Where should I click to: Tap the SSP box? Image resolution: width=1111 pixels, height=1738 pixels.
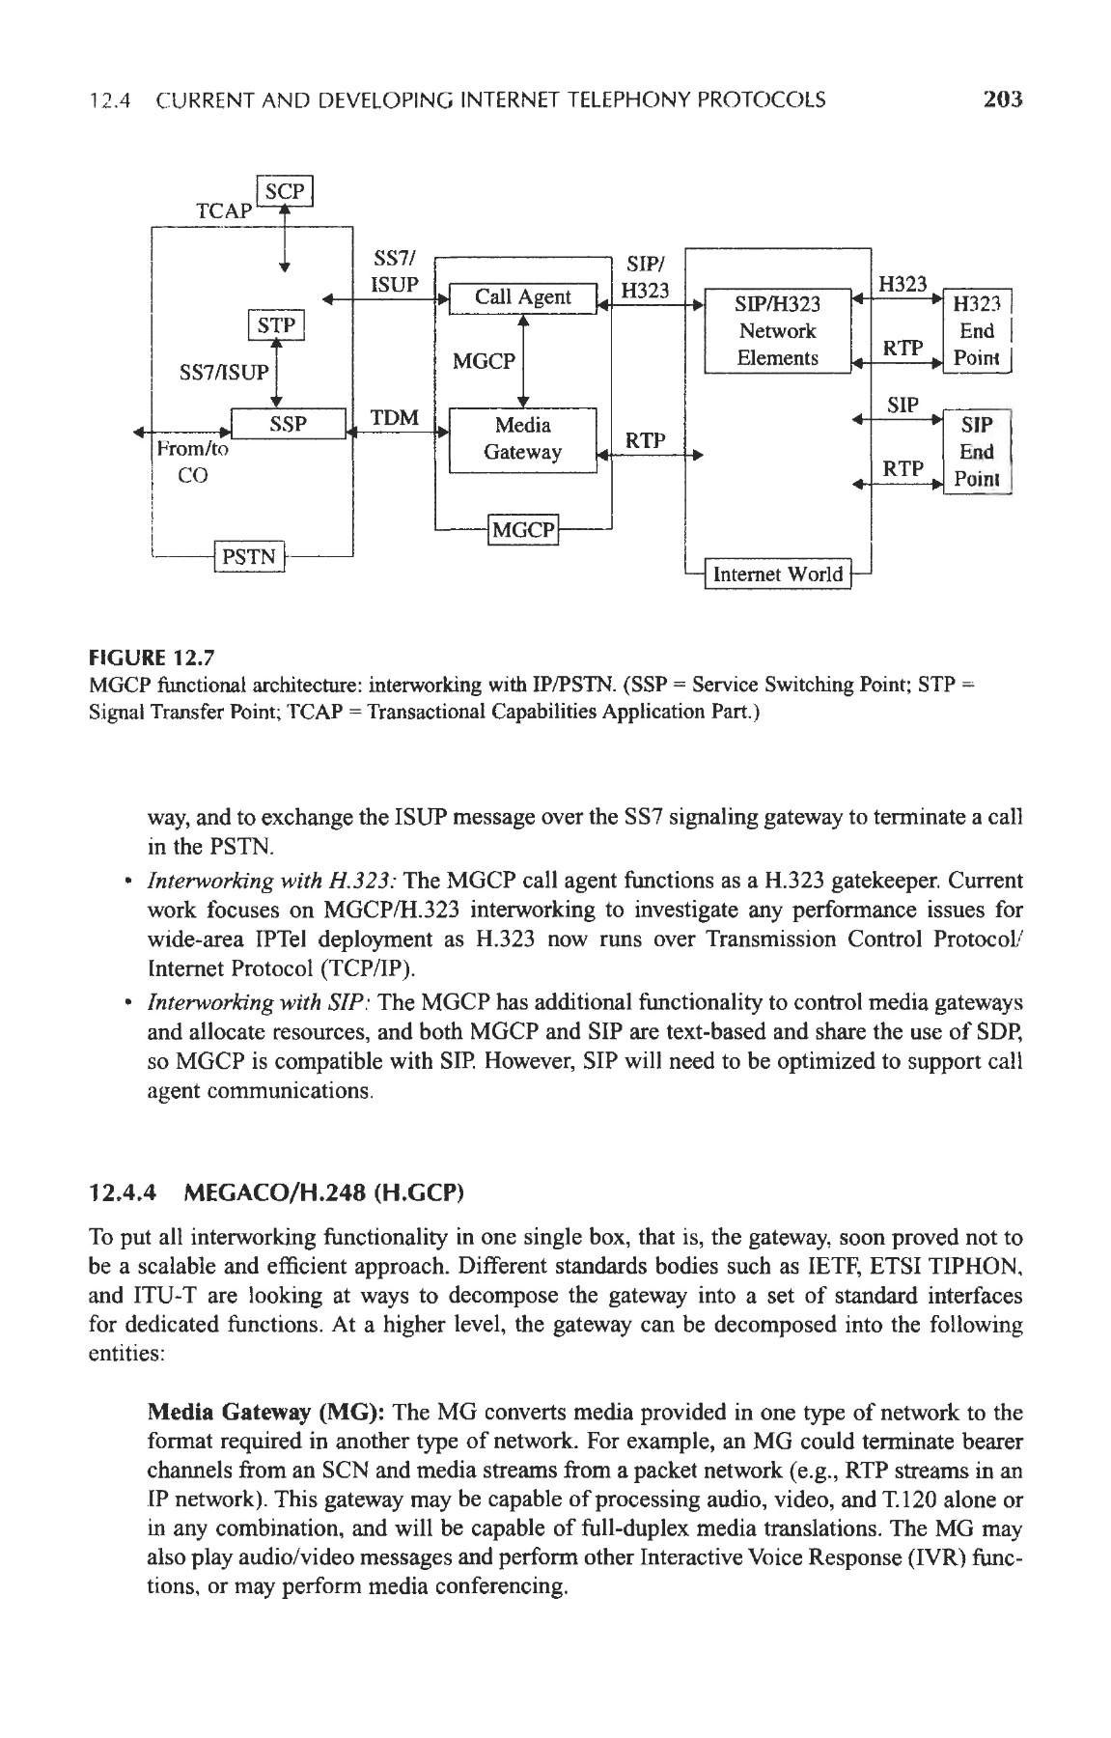(288, 425)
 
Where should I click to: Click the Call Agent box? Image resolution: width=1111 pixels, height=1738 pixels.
(522, 297)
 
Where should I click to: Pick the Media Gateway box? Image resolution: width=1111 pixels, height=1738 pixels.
(522, 439)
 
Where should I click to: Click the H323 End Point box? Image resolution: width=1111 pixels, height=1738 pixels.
(977, 331)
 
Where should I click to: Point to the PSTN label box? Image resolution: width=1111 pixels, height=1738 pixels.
(250, 557)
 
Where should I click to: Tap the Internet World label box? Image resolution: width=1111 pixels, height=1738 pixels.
(777, 575)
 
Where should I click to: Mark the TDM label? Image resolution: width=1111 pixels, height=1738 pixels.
(396, 418)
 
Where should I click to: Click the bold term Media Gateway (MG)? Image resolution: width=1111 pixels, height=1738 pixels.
(266, 1414)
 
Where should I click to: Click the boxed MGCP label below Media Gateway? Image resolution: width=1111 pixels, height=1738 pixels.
(524, 530)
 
